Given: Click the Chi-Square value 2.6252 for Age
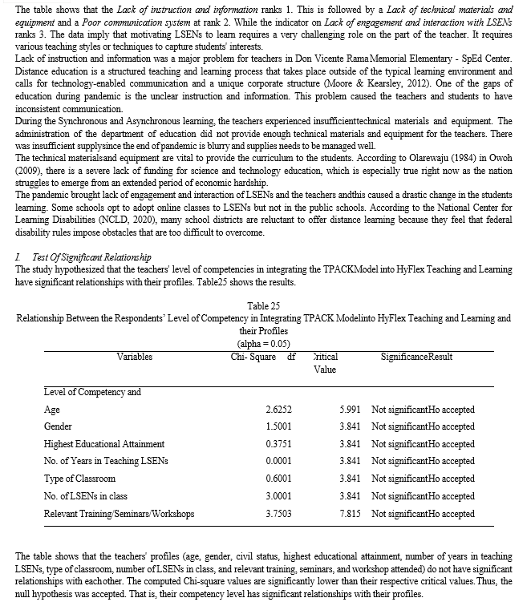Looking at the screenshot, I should point(278,410).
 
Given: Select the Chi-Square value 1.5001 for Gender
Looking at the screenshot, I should point(278,427).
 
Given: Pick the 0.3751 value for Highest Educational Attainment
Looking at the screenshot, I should point(278,444).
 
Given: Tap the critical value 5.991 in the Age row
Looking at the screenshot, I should point(350,410).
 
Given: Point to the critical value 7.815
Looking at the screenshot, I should point(350,514).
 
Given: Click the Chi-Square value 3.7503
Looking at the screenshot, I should point(278,514).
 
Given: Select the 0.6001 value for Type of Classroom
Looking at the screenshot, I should point(278,479).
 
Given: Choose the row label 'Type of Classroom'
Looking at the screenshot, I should point(74,479).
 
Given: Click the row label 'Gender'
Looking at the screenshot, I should point(58,427).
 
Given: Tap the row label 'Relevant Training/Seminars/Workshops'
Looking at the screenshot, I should point(119,514).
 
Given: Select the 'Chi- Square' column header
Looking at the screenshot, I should point(249,356).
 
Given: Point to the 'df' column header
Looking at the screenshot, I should point(291,356).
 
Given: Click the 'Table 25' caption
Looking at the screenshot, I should point(263,305).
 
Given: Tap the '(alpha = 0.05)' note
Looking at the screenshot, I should point(263,342).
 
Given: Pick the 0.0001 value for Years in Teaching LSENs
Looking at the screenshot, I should point(278,462).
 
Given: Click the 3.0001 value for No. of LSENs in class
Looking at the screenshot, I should point(278,496).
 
